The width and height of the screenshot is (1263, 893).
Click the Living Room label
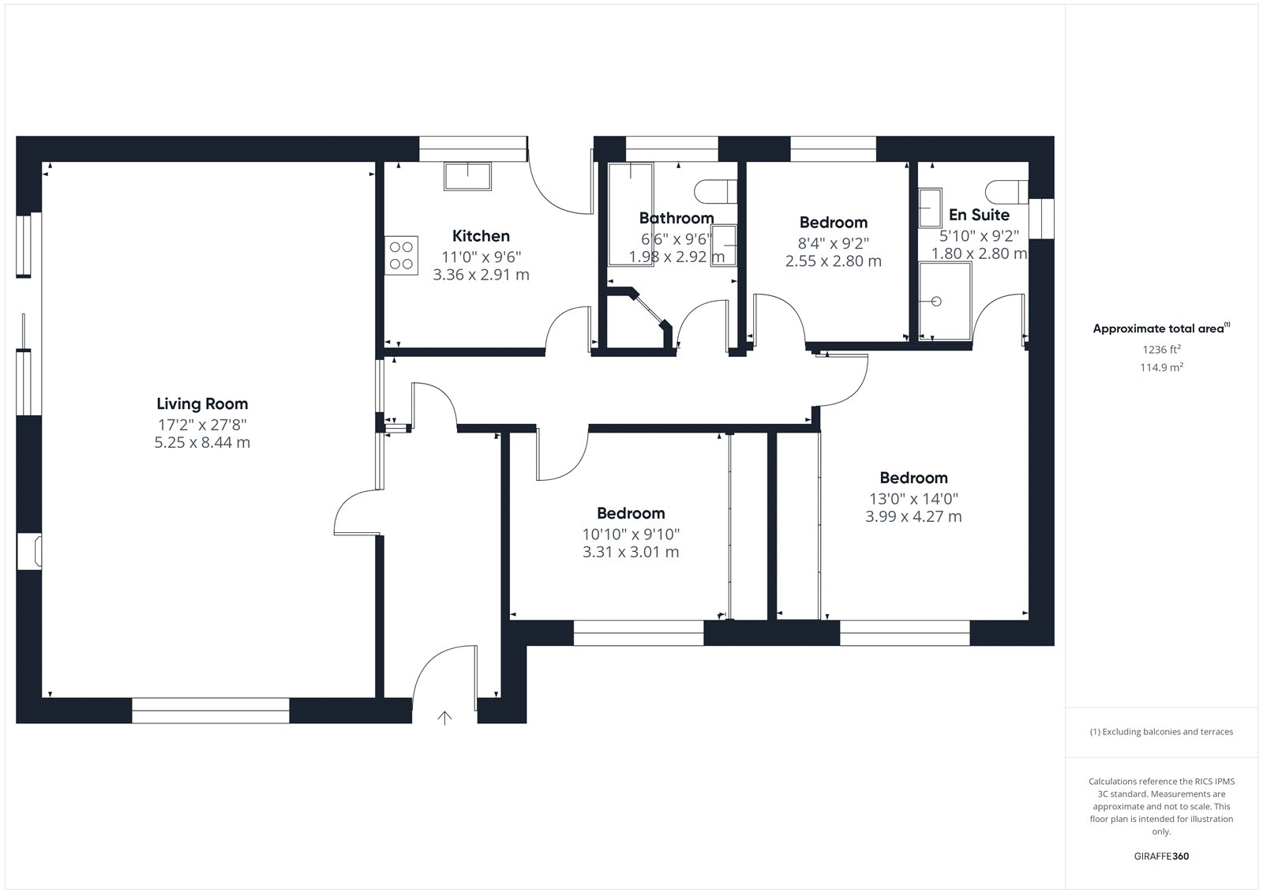pos(202,404)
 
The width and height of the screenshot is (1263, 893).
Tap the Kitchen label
pos(481,236)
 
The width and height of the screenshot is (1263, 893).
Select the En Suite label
pos(979,215)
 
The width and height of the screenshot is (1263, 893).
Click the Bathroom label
pos(676,218)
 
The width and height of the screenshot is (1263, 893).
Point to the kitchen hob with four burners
pos(402,256)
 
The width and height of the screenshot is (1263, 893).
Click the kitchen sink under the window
pos(467,177)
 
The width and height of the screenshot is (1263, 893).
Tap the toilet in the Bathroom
pos(715,192)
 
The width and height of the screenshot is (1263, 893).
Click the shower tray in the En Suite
pos(945,302)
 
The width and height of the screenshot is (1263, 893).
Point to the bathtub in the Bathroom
pos(631,214)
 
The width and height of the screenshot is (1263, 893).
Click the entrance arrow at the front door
pos(444,718)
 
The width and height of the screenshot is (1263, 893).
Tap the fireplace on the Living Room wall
pos(29,551)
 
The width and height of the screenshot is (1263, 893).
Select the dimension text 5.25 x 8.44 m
pos(202,442)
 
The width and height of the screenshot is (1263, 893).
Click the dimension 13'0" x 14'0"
pos(913,499)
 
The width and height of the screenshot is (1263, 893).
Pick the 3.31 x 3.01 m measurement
pos(631,552)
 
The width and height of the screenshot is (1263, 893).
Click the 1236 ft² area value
pos(1161,350)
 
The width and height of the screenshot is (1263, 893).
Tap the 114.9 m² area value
pos(1161,367)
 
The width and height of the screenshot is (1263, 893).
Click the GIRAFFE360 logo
pos(1161,857)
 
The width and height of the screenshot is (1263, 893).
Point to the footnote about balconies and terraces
pos(1161,732)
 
